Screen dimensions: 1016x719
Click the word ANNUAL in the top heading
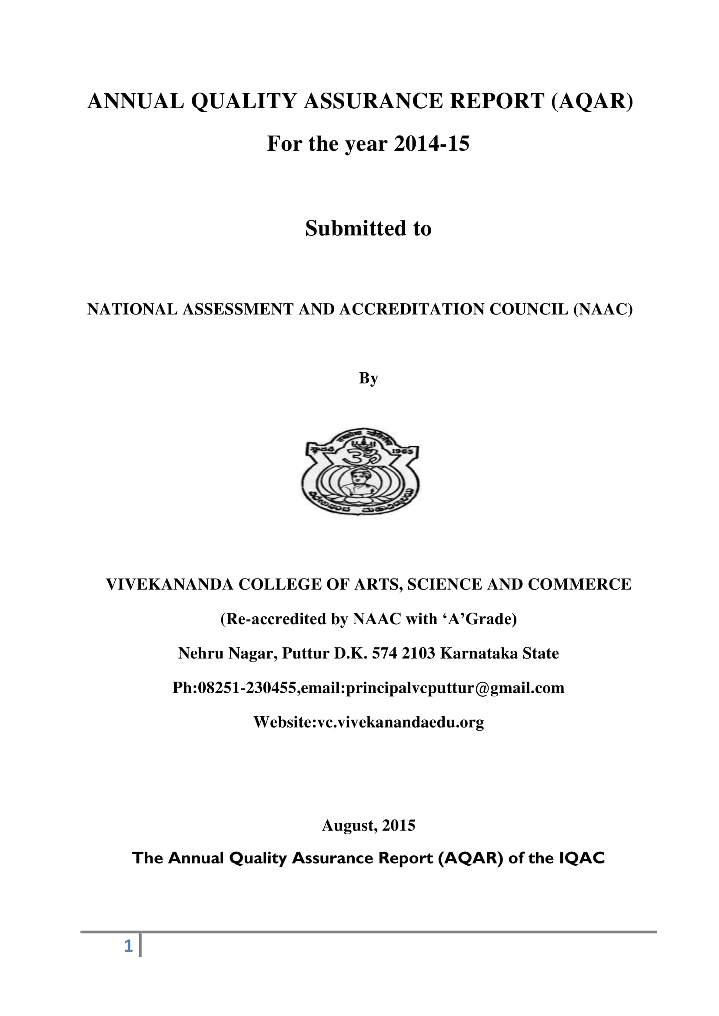point(136,101)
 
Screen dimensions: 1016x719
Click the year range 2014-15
point(431,143)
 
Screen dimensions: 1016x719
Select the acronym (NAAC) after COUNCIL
point(603,309)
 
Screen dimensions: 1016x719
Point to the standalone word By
point(368,378)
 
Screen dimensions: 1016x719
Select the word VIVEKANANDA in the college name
point(170,585)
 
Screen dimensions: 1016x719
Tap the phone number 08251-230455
point(246,688)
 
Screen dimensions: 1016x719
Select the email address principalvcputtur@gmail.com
point(455,688)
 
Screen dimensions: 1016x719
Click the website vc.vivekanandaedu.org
point(401,722)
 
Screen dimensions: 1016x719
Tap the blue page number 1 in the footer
point(128,946)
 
